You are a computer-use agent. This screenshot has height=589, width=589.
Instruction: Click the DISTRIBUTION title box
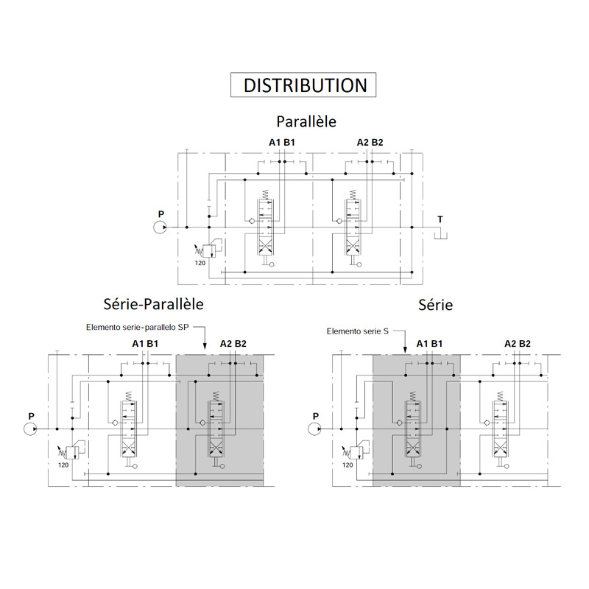[303, 85]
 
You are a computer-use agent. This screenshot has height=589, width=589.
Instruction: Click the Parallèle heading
[306, 121]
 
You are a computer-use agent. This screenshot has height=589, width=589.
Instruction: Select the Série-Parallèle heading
[153, 304]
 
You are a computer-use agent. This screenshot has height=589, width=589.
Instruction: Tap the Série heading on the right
[435, 305]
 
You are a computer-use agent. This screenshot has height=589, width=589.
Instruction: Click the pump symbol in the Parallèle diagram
[160, 228]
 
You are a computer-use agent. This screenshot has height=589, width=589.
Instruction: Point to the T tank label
[440, 219]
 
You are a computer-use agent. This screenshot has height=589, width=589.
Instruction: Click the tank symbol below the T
[440, 236]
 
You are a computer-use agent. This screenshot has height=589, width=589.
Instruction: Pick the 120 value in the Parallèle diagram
[200, 263]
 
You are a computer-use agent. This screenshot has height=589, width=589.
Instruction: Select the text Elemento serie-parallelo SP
[138, 327]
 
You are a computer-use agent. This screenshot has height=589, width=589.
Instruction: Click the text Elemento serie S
[358, 331]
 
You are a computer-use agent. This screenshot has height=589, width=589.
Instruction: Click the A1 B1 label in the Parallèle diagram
[282, 142]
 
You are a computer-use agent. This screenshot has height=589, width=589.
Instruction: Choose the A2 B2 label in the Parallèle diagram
[370, 142]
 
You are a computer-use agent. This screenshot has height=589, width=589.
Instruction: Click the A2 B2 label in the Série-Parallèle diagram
[233, 344]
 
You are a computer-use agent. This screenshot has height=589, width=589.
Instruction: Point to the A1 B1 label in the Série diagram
[430, 344]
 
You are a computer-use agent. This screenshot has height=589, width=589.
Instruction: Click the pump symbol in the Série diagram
[314, 429]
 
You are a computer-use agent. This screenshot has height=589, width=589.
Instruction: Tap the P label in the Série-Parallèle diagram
[31, 416]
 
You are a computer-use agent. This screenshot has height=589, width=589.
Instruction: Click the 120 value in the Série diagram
[348, 465]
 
